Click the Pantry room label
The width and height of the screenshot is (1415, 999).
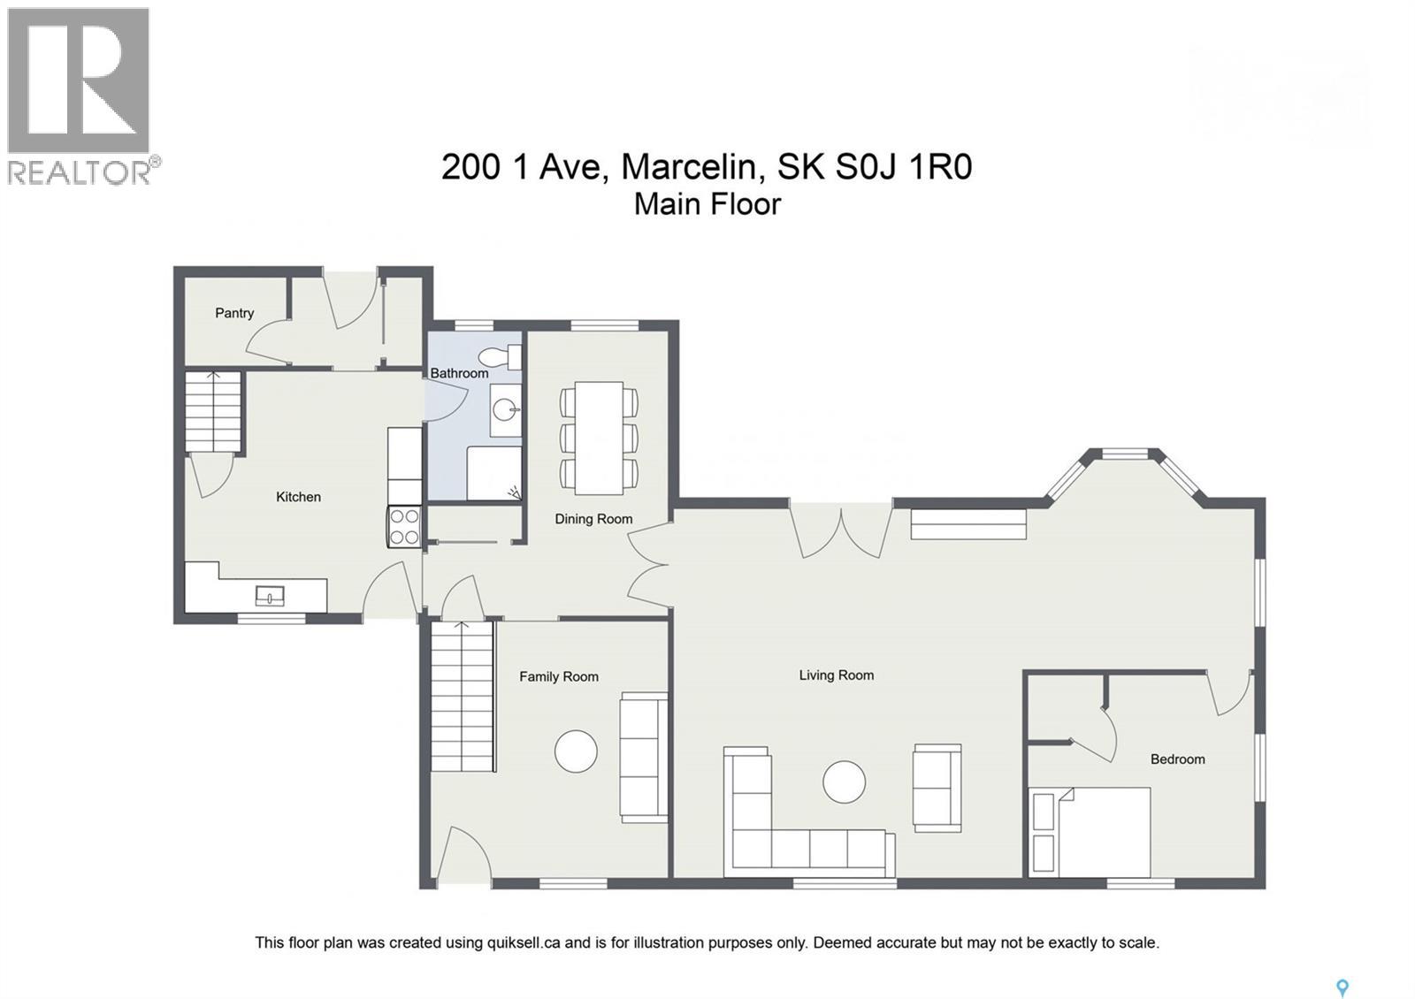click(234, 313)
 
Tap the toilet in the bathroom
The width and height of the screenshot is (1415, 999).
click(499, 357)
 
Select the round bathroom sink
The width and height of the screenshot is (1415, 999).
click(505, 410)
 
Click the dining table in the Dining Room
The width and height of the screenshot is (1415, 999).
click(599, 438)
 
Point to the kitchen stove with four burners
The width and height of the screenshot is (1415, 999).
click(405, 527)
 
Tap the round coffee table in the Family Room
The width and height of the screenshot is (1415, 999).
click(576, 751)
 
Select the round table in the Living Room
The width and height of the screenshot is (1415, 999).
click(844, 782)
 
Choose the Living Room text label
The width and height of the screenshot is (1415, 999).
click(836, 675)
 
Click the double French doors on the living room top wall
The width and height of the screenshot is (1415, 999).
click(840, 529)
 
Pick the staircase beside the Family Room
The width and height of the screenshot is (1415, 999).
click(463, 696)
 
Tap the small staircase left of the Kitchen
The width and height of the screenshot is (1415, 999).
click(214, 411)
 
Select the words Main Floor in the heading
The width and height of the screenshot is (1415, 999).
click(707, 204)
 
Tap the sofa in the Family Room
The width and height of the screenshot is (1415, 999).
click(644, 757)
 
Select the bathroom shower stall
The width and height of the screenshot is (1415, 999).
click(493, 473)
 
